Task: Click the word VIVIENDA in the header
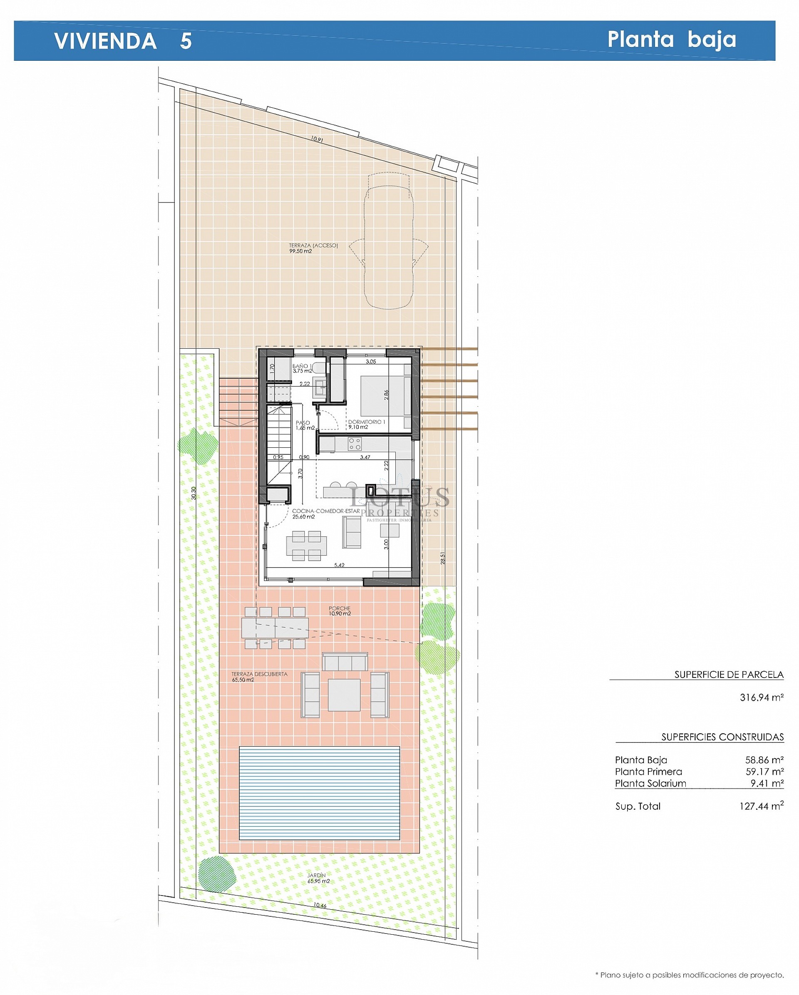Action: coord(105,41)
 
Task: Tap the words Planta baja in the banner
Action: coord(671,39)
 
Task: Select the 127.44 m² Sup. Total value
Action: coord(761,806)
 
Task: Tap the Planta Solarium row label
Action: coord(650,783)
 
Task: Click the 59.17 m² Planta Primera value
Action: coord(764,772)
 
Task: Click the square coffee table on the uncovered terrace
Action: coord(344,695)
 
